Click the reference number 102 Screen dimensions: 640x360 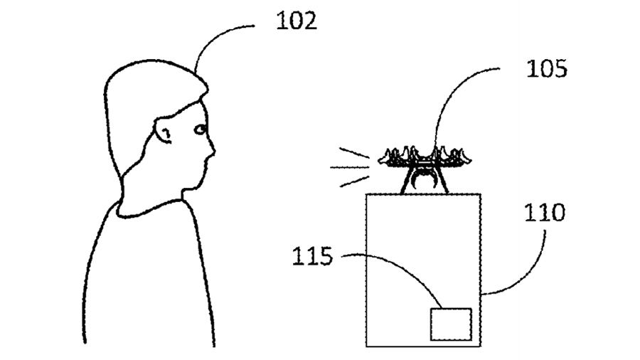coord(297,21)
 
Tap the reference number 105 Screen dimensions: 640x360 coord(547,68)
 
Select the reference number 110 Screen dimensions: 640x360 coord(545,212)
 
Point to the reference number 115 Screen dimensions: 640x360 coord(313,256)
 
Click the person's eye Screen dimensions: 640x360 coord(200,129)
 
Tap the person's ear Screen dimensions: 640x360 coord(164,131)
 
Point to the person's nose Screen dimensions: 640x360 coord(211,149)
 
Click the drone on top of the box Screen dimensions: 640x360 coord(425,168)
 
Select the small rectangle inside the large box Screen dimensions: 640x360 coord(451,324)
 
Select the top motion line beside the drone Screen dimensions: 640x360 coord(354,153)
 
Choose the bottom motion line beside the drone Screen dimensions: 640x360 coord(354,181)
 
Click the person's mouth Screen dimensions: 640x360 coord(206,162)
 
